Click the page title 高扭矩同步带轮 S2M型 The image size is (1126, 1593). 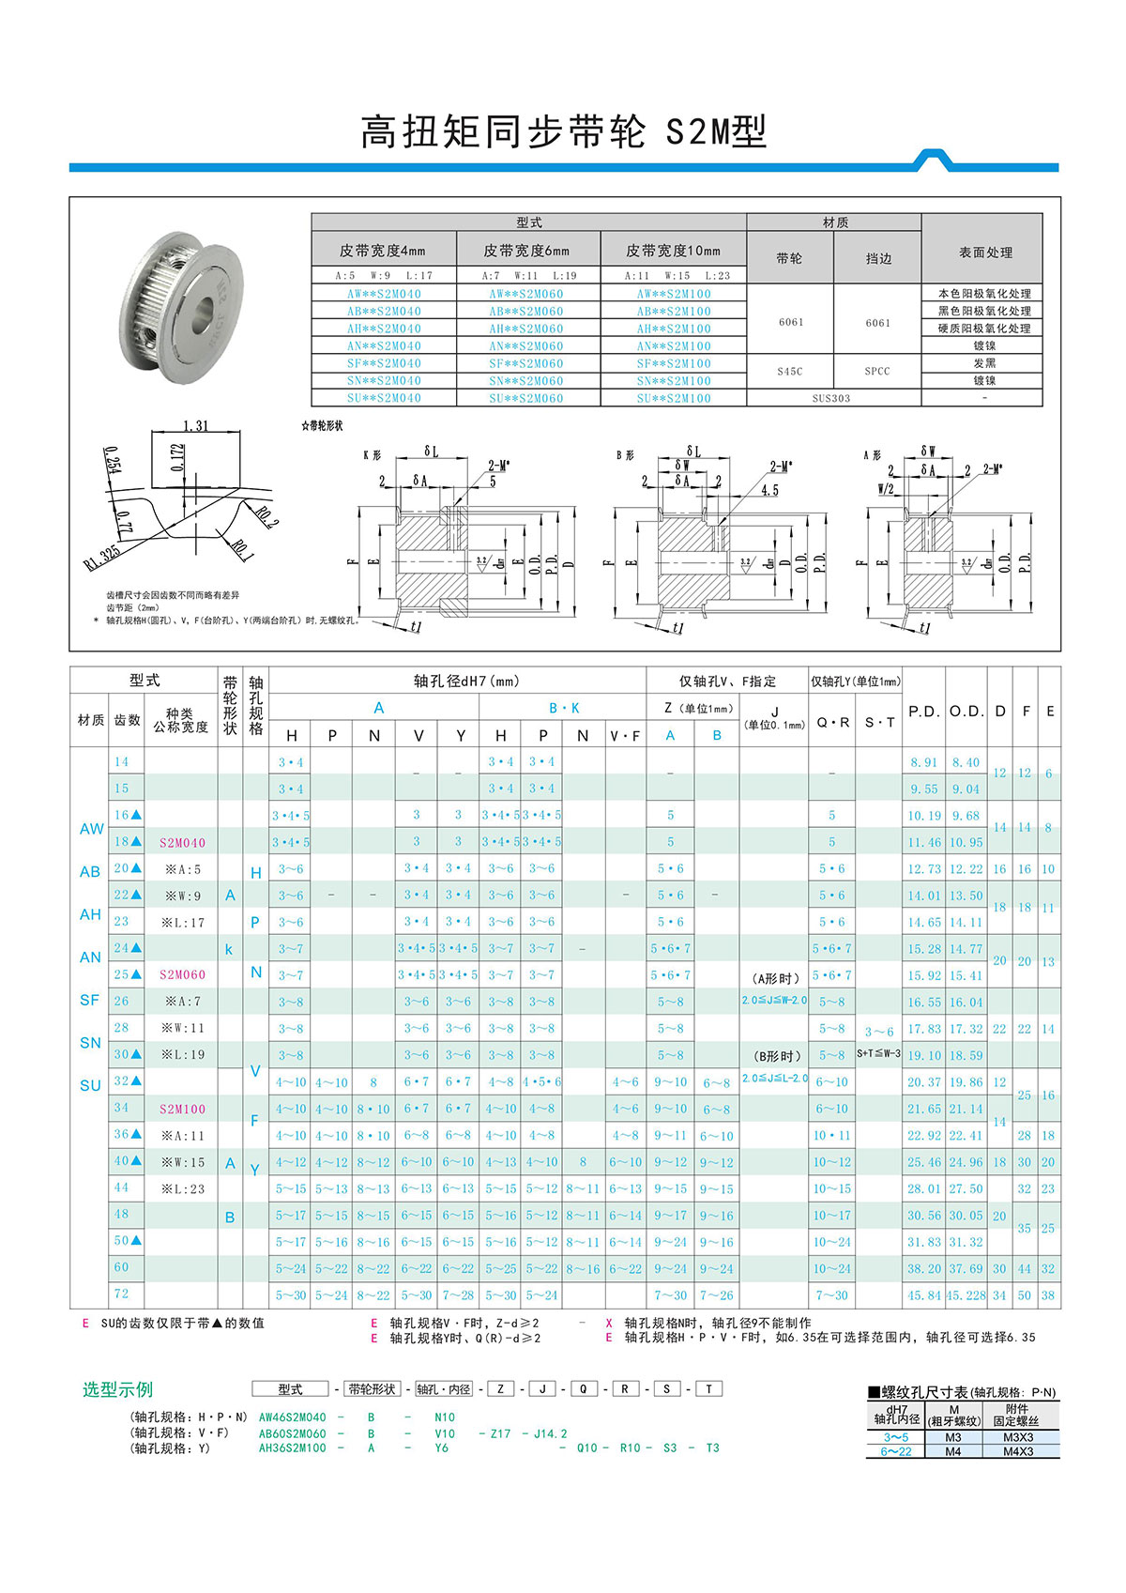click(x=563, y=133)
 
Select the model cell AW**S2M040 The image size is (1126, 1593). click(x=384, y=294)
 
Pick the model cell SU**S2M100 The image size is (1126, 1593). click(x=673, y=398)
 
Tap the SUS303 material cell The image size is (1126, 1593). click(x=831, y=398)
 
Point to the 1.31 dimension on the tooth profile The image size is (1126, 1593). click(x=196, y=426)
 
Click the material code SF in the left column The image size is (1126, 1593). click(x=90, y=1000)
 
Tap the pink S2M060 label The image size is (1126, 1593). click(x=182, y=974)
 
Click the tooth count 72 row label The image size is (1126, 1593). click(x=121, y=1294)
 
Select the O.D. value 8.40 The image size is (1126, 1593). click(x=966, y=762)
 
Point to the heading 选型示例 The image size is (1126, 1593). click(x=117, y=1389)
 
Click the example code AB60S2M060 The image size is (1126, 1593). click(x=292, y=1433)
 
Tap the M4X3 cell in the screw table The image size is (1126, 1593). click(x=1017, y=1451)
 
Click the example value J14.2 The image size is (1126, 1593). click(x=551, y=1433)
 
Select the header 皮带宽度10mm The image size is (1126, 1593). click(x=673, y=251)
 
